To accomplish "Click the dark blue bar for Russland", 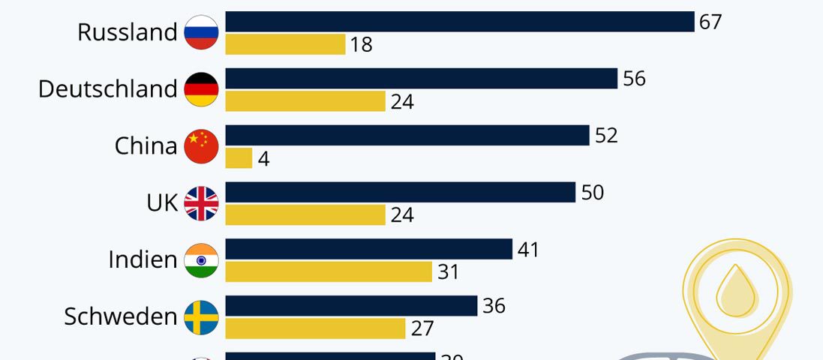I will (459, 22).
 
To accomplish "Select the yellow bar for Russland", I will (285, 44).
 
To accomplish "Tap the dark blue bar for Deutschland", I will (421, 79).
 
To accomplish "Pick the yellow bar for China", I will (239, 158).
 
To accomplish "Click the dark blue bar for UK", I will (400, 192).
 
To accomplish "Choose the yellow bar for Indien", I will (329, 271).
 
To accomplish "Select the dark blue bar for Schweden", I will (351, 306).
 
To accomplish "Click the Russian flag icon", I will (201, 32).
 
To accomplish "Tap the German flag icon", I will (201, 89).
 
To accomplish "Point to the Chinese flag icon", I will (201, 146).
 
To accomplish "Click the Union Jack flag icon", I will (201, 203).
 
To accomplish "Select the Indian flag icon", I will (201, 260).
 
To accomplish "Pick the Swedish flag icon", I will (201, 317).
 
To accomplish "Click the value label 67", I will (710, 22).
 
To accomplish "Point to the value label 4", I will (263, 159).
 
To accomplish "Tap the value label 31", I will (448, 271).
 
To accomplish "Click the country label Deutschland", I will (107, 89).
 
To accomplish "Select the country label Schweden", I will (120, 317).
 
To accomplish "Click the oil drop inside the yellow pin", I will (737, 292).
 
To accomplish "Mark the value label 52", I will (606, 136).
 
